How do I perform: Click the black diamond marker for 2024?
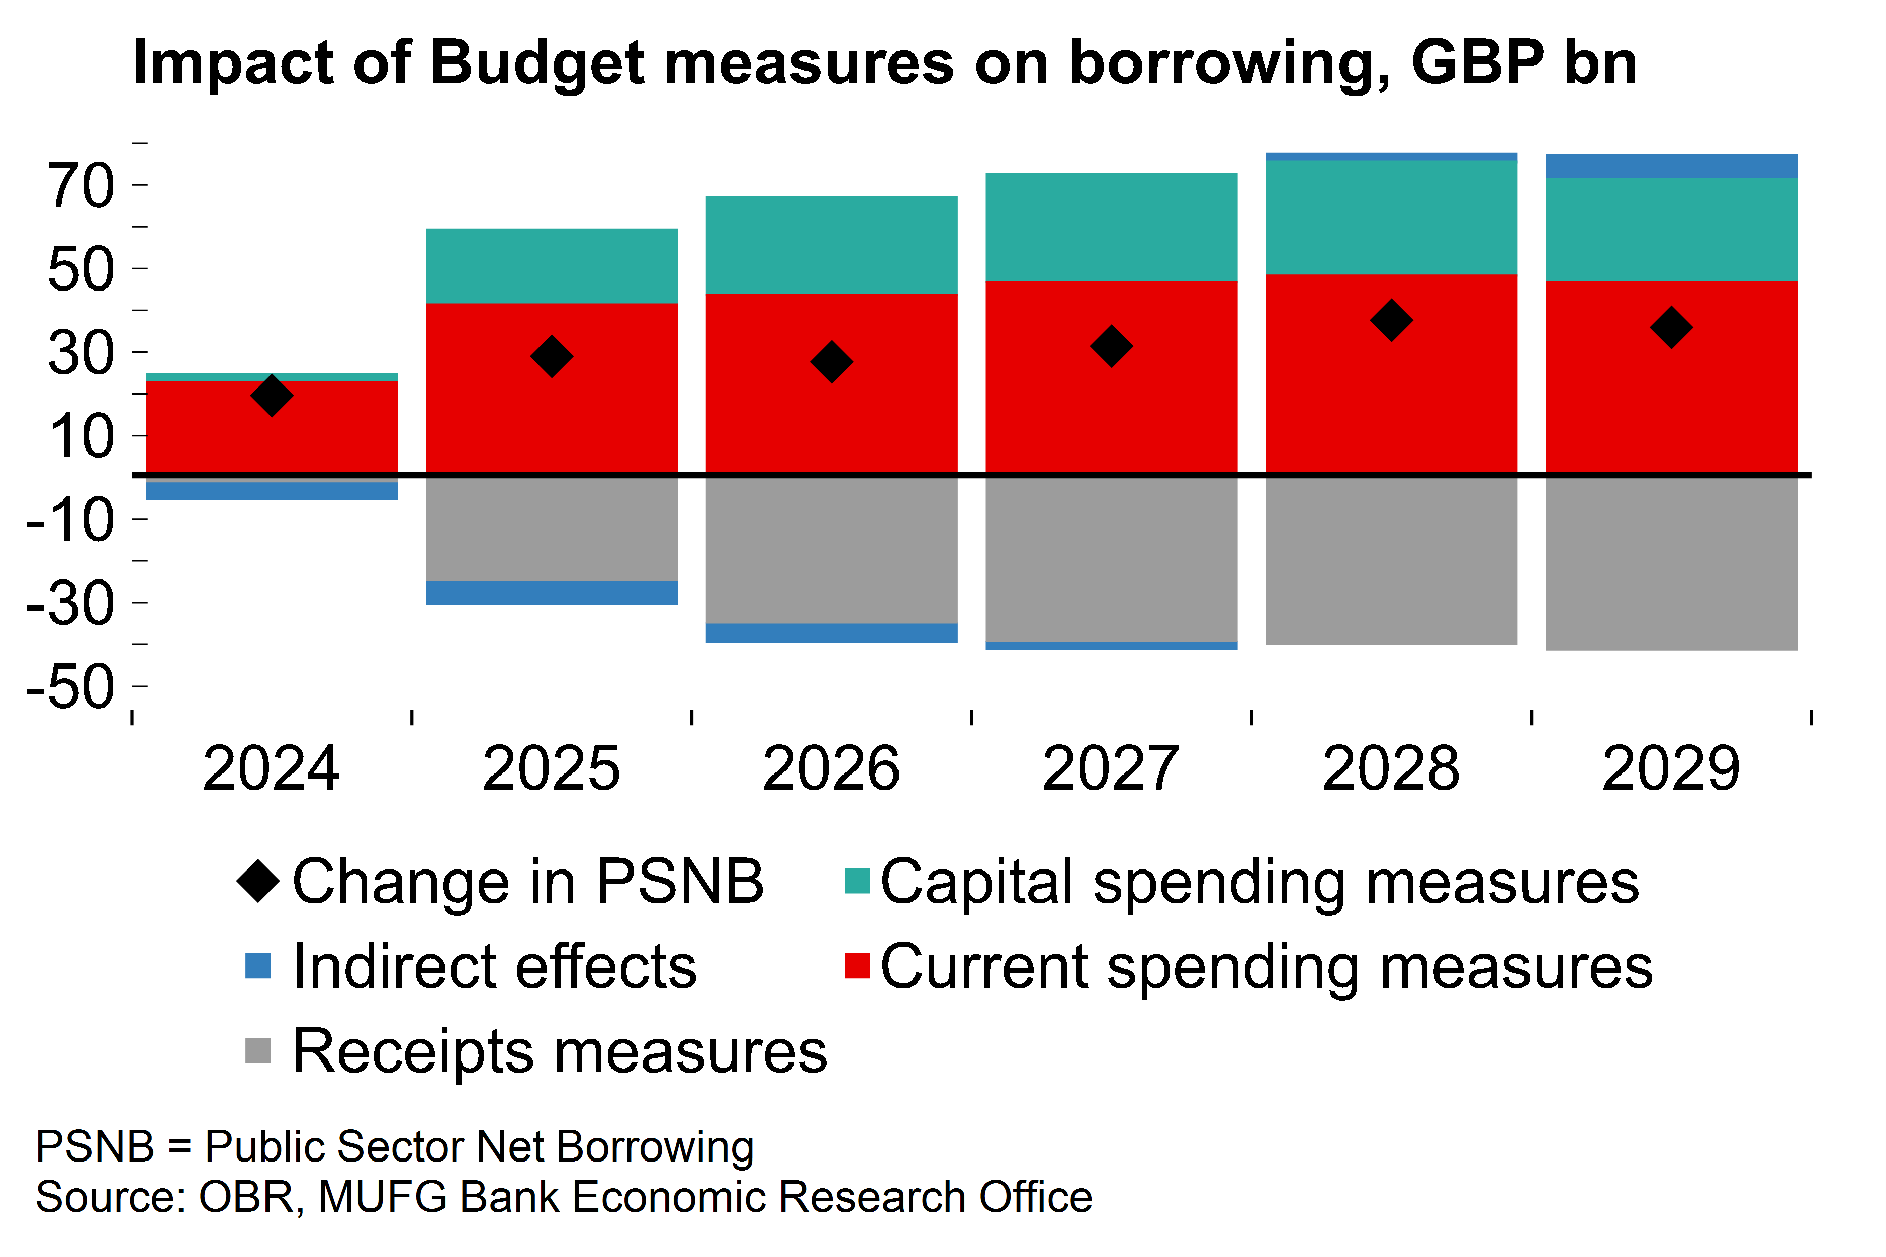272,395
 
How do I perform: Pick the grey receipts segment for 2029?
1671,563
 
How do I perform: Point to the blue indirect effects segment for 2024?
272,490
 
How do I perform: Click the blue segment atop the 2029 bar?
1671,166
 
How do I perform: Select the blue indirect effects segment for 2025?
552,593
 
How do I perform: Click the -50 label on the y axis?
70,687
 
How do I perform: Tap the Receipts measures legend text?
560,1051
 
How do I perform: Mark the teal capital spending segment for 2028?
1391,217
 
